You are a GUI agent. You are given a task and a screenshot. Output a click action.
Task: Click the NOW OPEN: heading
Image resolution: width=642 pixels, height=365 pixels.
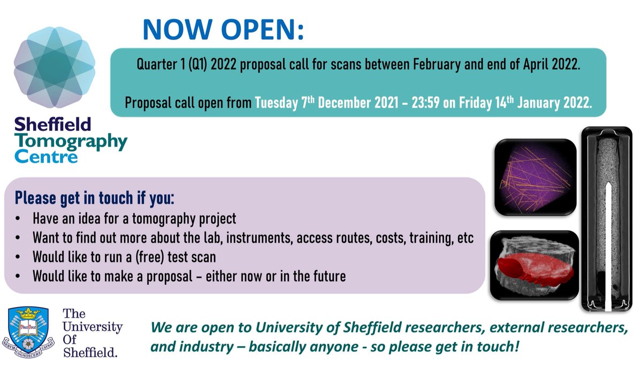[223, 31]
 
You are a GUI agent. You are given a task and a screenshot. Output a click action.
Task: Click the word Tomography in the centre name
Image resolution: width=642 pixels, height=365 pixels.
[71, 142]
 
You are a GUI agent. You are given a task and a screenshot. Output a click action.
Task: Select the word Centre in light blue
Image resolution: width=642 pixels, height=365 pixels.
[46, 157]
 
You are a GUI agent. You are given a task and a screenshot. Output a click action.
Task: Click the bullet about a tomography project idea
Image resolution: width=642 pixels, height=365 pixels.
[134, 220]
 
